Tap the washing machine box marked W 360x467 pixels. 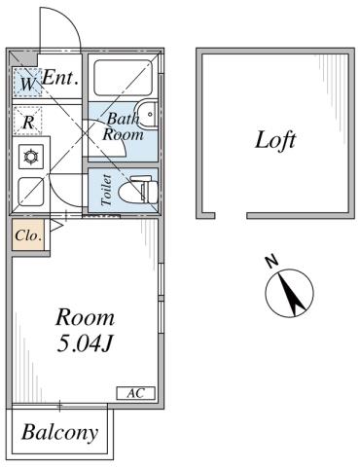pos(27,85)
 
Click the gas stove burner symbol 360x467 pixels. pos(29,156)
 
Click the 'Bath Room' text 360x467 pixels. pos(124,127)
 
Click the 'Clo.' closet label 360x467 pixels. pos(27,235)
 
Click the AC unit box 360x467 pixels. pos(135,392)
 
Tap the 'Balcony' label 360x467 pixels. pos(60,431)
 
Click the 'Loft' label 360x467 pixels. pos(275,139)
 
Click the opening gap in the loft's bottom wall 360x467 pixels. pos(229,214)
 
